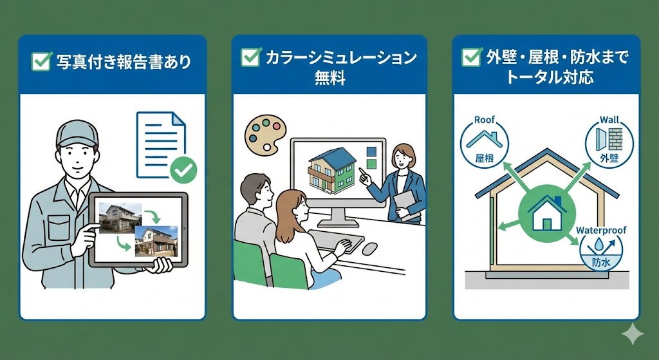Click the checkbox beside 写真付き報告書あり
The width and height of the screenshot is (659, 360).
[41, 61]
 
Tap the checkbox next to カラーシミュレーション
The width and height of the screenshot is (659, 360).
[250, 57]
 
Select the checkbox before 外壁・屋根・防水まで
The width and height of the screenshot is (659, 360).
[472, 57]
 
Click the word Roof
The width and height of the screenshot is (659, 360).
[483, 120]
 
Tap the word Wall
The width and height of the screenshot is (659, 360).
[609, 120]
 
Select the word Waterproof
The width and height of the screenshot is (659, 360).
[601, 230]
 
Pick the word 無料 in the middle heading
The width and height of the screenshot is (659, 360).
[329, 79]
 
